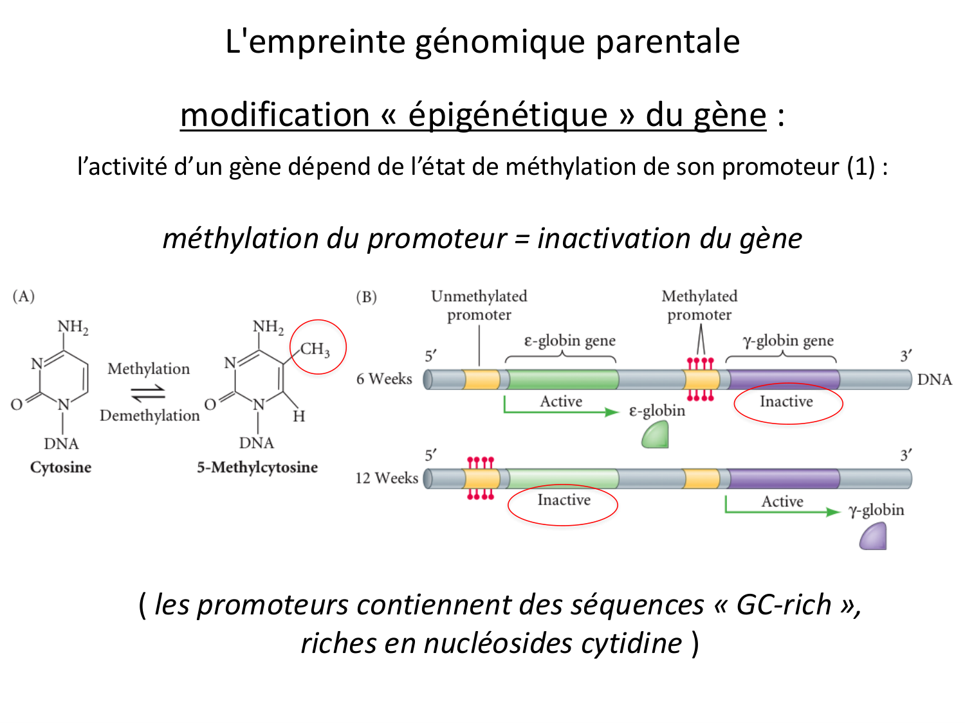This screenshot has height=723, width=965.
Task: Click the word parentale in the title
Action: (668, 42)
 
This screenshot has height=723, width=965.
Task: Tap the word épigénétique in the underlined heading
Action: (508, 116)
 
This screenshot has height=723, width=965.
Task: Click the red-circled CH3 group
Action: (316, 349)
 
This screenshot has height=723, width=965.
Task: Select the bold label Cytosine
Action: (60, 467)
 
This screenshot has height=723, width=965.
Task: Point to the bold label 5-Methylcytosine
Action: (257, 467)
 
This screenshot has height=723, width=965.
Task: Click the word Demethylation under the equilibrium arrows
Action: (149, 416)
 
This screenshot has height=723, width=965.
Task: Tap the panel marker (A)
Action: (23, 296)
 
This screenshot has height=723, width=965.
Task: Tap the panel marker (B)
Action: (366, 297)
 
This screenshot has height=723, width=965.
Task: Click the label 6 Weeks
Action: (384, 379)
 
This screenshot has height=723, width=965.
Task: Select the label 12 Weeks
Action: (387, 478)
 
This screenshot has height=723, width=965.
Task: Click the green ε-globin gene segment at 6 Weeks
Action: (562, 379)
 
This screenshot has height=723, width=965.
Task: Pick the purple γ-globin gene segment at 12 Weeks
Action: (784, 479)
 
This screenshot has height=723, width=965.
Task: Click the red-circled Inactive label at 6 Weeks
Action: (786, 402)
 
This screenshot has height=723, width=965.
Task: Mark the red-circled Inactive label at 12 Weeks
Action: (564, 500)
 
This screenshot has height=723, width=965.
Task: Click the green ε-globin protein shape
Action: (656, 436)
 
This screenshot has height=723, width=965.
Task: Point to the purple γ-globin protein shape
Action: (874, 537)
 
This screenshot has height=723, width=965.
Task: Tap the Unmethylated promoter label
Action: (479, 305)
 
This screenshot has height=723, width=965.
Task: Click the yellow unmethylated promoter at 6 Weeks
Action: (482, 379)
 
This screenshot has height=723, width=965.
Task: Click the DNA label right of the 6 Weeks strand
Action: (934, 379)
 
